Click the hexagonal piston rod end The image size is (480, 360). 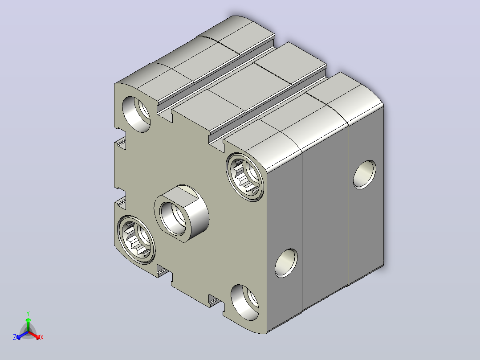(182, 213)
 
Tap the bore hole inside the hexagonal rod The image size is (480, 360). (173, 218)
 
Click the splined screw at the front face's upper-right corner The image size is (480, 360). (245, 176)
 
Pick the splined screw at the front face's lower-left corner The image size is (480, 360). (136, 239)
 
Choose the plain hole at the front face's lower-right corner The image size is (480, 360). (244, 303)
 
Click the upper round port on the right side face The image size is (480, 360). (365, 174)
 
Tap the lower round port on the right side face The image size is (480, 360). (286, 263)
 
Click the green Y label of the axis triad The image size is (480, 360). (28, 313)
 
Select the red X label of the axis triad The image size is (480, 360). (42, 337)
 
